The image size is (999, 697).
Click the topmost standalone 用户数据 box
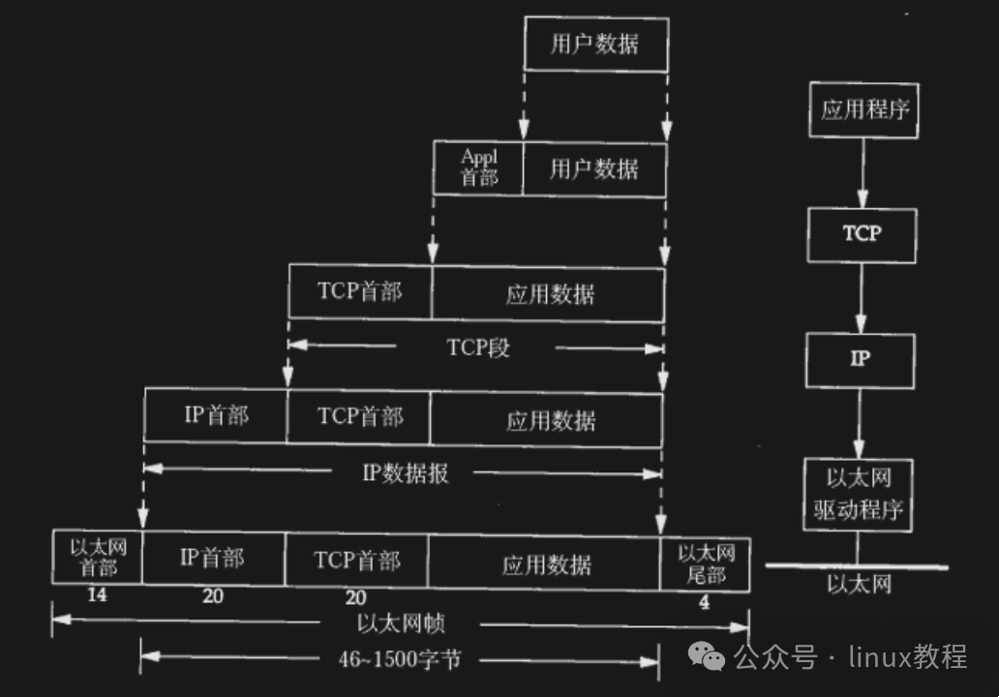click(x=595, y=45)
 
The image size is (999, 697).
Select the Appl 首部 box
click(x=478, y=167)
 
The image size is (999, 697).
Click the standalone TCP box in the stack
click(x=862, y=234)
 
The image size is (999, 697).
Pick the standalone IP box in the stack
click(x=860, y=359)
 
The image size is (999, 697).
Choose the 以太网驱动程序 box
click(x=858, y=494)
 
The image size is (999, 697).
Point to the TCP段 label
click(x=478, y=348)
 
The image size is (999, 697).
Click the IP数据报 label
click(x=405, y=473)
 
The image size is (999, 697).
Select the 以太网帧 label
click(x=400, y=622)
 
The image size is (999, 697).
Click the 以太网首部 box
click(x=98, y=558)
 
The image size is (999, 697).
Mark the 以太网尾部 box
click(x=706, y=562)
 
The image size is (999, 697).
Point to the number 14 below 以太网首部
click(x=97, y=595)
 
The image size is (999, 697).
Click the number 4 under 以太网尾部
click(x=704, y=602)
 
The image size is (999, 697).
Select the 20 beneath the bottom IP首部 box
click(x=212, y=596)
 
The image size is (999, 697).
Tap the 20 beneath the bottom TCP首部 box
click(x=355, y=597)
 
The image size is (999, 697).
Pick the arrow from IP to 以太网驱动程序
click(x=859, y=423)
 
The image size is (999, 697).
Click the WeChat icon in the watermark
click(x=711, y=657)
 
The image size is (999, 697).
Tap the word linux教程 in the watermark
click(x=907, y=657)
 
